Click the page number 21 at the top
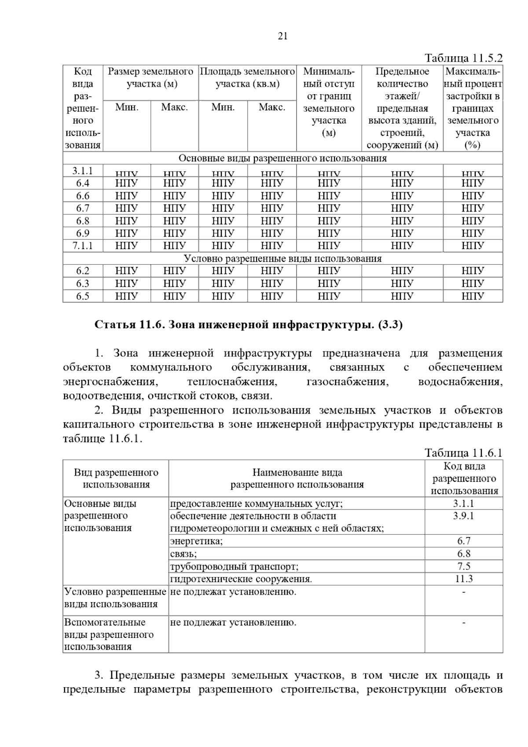[282, 37]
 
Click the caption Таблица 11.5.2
[463, 59]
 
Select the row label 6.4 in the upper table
[83, 183]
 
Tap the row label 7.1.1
[83, 245]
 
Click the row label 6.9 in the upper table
[83, 233]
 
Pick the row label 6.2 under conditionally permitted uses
[83, 271]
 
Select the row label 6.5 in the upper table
[83, 296]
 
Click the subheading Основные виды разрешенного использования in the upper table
[282, 158]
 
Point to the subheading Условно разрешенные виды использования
[282, 258]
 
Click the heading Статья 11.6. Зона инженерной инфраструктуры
[249, 325]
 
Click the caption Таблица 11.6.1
[463, 453]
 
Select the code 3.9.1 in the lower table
[463, 516]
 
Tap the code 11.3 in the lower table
[463, 579]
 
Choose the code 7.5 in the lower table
[463, 566]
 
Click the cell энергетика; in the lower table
[197, 541]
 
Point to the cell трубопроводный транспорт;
[234, 566]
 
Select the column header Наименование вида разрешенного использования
[297, 479]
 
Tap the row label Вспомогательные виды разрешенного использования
[109, 634]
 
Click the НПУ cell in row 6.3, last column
[473, 283]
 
